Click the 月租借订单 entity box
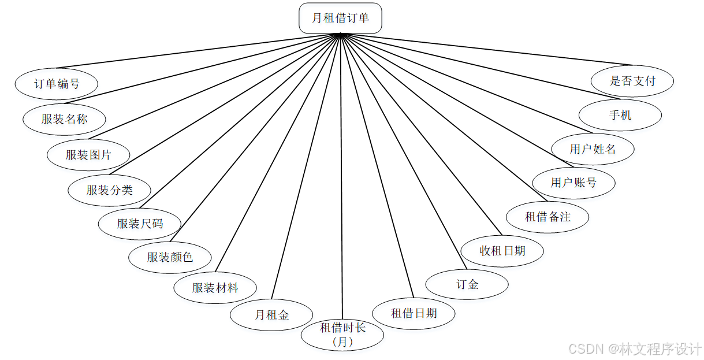pyautogui.click(x=340, y=18)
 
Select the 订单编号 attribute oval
pyautogui.click(x=57, y=84)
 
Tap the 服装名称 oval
pyautogui.click(x=64, y=120)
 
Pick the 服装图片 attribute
pyautogui.click(x=88, y=155)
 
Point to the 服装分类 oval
pyautogui.click(x=109, y=190)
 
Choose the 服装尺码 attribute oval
pyautogui.click(x=140, y=224)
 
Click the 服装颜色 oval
pyautogui.click(x=170, y=257)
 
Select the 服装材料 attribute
pyautogui.click(x=215, y=288)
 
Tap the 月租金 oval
pyautogui.click(x=271, y=315)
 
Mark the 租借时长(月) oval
pyautogui.click(x=342, y=335)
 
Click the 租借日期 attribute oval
pyautogui.click(x=414, y=313)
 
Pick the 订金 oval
pyautogui.click(x=467, y=284)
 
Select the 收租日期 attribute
pyautogui.click(x=502, y=251)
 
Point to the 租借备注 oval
pyautogui.click(x=547, y=217)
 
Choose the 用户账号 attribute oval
pyautogui.click(x=573, y=183)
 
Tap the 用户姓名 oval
pyautogui.click(x=593, y=149)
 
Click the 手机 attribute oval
pyautogui.click(x=620, y=115)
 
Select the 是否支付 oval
pyautogui.click(x=632, y=81)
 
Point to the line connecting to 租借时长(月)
pyautogui.click(x=342, y=173)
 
